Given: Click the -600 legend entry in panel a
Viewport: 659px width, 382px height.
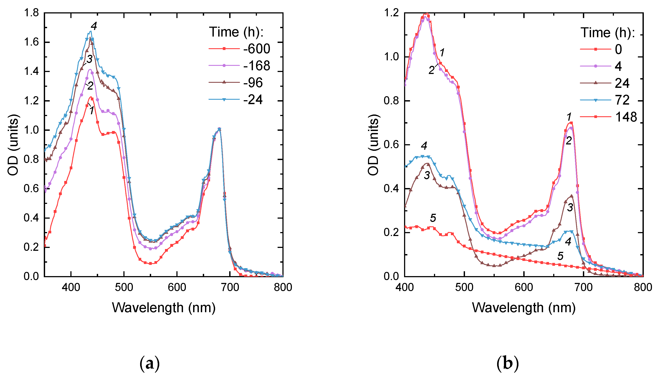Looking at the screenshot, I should tap(256, 49).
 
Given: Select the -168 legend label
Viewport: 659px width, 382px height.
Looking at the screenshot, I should tap(256, 66).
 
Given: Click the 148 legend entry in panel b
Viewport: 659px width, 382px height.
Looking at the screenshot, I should tap(626, 117).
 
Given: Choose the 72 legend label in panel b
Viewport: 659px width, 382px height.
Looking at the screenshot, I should tap(622, 100).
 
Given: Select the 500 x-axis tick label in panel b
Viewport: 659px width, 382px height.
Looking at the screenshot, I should tap(464, 288).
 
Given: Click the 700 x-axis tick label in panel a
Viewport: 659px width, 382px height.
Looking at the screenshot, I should tap(230, 288).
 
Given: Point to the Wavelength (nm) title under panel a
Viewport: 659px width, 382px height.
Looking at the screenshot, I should tap(164, 308).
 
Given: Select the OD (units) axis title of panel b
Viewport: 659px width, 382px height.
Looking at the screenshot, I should tap(373, 145).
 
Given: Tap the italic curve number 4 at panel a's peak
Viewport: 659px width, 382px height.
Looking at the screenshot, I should tap(94, 26).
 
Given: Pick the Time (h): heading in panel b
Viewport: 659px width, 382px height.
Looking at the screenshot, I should tap(608, 33).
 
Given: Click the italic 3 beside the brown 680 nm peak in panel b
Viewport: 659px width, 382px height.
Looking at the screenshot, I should tap(570, 208).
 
